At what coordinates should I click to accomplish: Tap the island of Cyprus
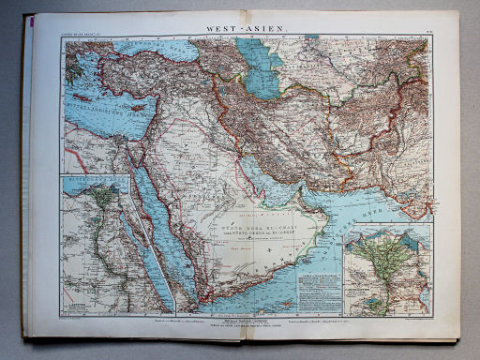pyautogui.click(x=140, y=107)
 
